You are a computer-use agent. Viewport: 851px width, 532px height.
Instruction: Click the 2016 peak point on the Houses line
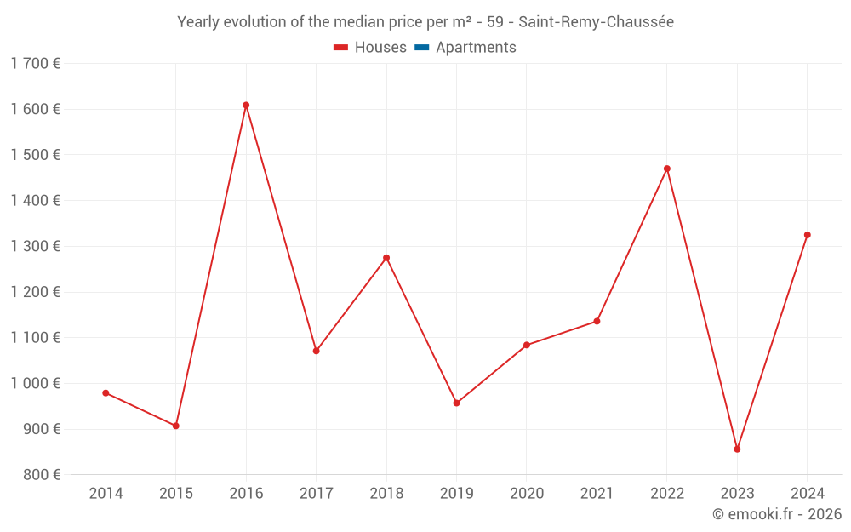(x=246, y=106)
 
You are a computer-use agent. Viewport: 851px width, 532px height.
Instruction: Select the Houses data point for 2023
(x=737, y=449)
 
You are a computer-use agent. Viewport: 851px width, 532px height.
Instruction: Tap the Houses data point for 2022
(x=667, y=169)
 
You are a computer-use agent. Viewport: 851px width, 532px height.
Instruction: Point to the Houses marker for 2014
(x=106, y=393)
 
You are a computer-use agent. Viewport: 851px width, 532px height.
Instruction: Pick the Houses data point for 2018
(x=386, y=258)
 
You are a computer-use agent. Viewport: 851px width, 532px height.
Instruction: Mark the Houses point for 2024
(x=808, y=235)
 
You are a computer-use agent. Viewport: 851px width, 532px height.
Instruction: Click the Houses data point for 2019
(x=456, y=403)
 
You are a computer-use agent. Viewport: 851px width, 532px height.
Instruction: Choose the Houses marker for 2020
(x=527, y=345)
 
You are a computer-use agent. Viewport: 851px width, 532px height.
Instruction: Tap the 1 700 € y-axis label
(x=35, y=63)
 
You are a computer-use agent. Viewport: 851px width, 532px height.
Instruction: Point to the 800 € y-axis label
(x=40, y=475)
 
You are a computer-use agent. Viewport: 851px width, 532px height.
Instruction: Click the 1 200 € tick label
(x=35, y=292)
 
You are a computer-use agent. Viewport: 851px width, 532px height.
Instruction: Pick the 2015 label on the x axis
(x=176, y=494)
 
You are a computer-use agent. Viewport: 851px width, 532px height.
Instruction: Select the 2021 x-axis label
(x=597, y=494)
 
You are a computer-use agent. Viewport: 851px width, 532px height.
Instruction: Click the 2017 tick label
(x=316, y=494)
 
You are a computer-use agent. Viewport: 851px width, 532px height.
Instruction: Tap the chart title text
(x=425, y=22)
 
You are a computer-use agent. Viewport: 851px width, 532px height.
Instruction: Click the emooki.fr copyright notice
(x=777, y=514)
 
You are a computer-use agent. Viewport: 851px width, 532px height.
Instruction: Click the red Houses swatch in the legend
(x=341, y=48)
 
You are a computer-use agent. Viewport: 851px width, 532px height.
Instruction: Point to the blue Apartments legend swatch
(x=421, y=48)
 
